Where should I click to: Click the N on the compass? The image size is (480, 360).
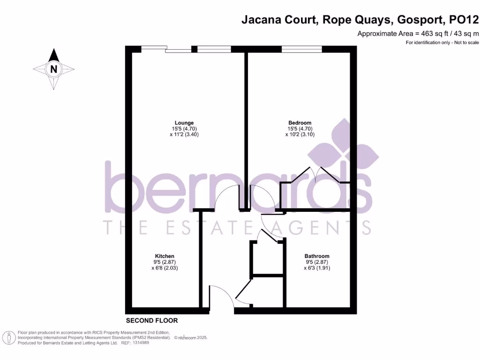click(x=54, y=69)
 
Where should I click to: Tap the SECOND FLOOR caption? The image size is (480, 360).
click(x=152, y=321)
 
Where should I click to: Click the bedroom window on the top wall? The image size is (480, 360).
click(x=301, y=49)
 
